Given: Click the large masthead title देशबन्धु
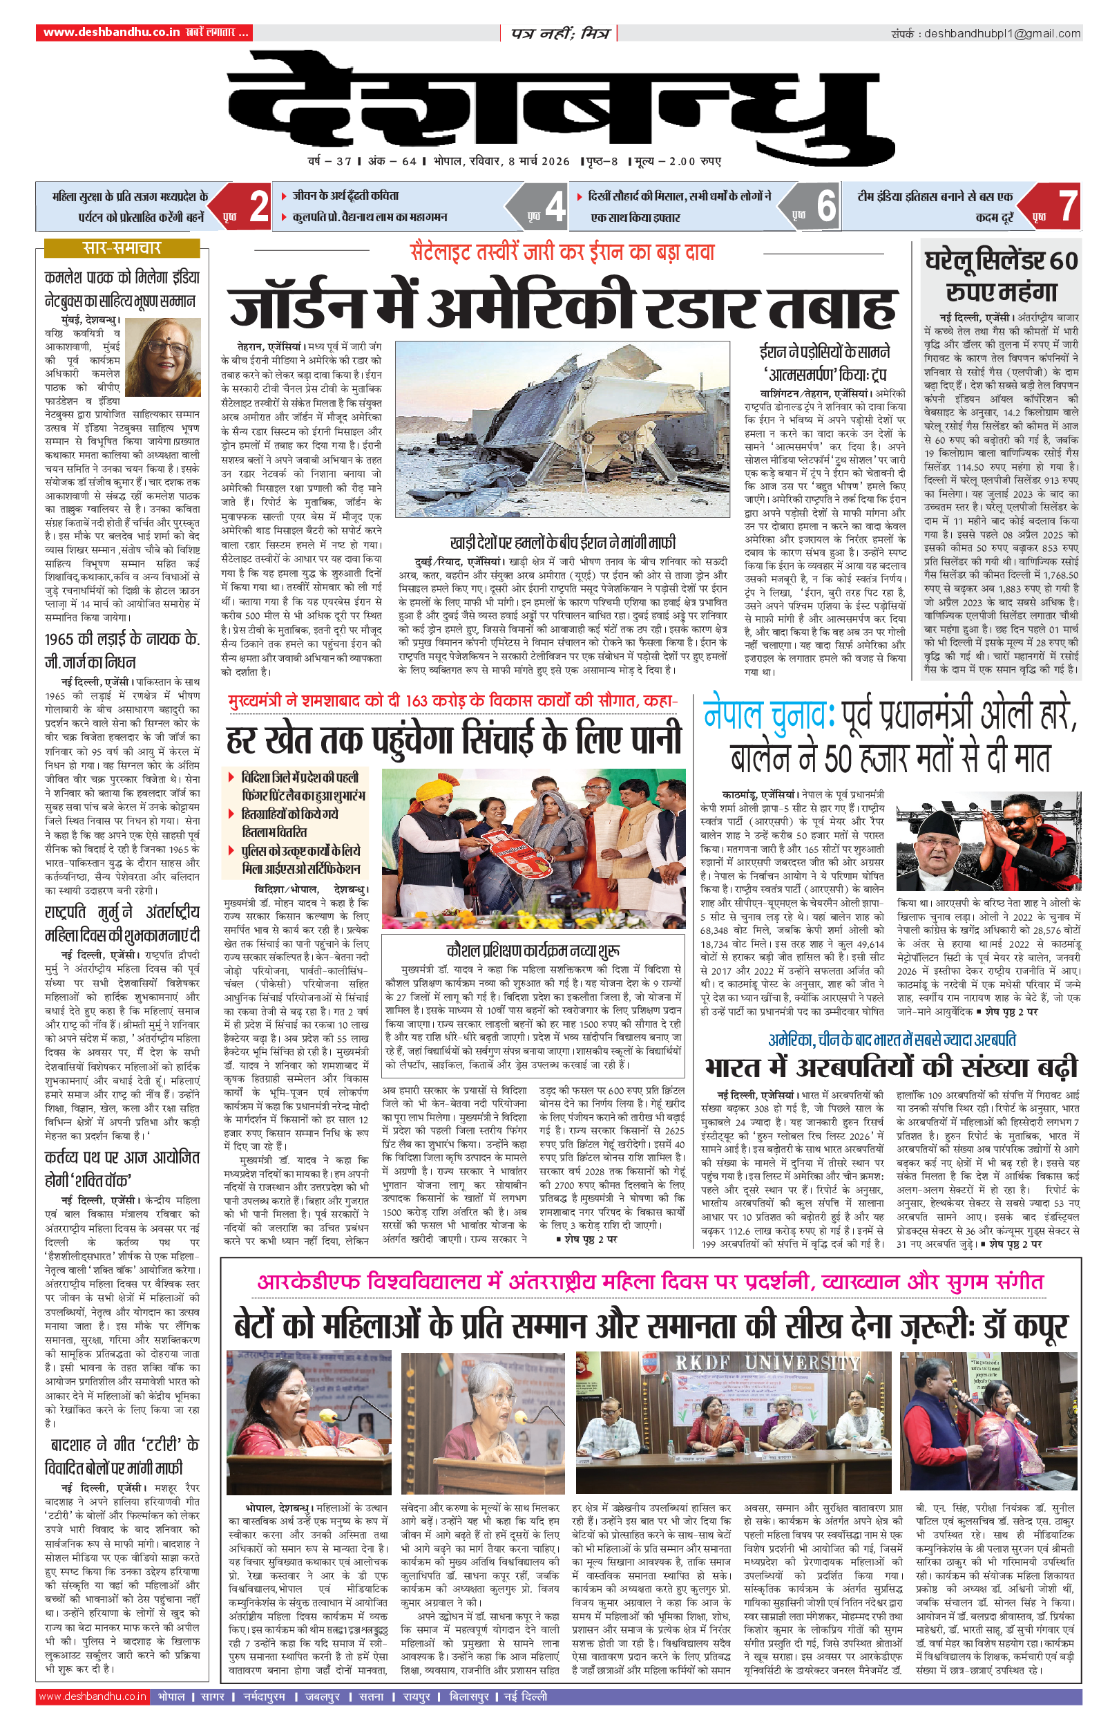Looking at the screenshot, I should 559,102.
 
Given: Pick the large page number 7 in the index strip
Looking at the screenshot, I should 1067,207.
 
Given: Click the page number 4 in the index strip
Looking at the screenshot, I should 555,207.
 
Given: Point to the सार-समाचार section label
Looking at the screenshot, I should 122,249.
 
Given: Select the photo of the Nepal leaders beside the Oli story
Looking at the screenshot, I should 988,841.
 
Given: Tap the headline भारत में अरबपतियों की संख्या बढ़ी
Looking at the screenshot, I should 891,1067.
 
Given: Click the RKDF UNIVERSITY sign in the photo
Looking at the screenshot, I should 767,1362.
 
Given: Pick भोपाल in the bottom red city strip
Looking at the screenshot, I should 171,1696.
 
